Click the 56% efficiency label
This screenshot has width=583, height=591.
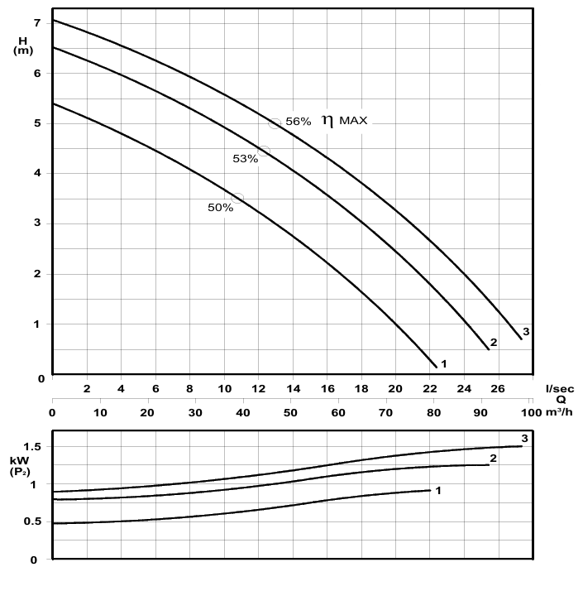point(298,122)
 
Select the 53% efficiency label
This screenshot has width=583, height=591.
point(246,159)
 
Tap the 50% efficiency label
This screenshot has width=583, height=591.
point(220,208)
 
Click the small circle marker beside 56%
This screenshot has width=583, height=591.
point(275,123)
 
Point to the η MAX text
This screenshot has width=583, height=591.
point(346,121)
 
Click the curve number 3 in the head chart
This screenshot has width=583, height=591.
point(526,331)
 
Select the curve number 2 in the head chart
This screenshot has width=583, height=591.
point(494,343)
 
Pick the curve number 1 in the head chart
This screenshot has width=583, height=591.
point(444,363)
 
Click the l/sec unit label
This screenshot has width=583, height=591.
point(560,387)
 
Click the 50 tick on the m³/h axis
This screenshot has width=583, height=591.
point(291,411)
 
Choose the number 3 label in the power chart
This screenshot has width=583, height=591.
point(524,438)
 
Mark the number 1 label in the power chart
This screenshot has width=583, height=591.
point(438,491)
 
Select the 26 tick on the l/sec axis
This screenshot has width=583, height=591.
point(498,388)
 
